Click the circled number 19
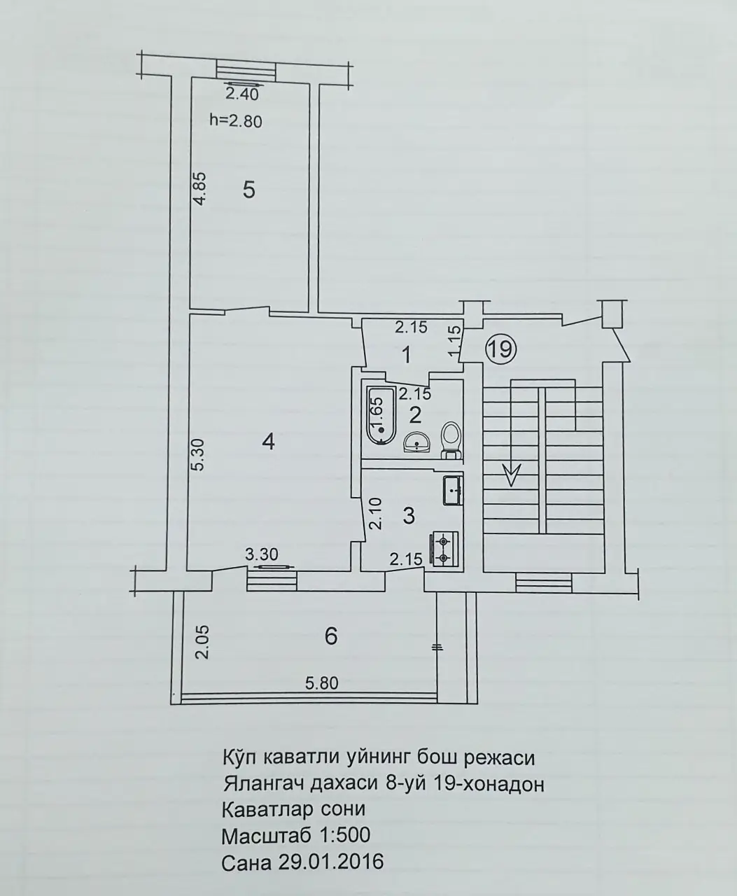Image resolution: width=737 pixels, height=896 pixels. point(500,349)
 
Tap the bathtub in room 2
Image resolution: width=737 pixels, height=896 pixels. point(380,416)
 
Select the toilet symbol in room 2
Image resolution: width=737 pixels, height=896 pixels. point(450,440)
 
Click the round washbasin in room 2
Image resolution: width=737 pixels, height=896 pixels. point(417,442)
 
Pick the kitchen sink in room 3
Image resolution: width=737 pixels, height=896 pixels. point(453,491)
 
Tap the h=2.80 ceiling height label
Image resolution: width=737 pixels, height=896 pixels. point(236,122)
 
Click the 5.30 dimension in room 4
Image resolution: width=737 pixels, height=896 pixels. point(199,454)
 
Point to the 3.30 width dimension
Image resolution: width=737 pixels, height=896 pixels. point(262,554)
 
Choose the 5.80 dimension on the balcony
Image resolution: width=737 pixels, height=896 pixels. point(322,683)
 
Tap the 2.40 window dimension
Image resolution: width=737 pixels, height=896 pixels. point(241,94)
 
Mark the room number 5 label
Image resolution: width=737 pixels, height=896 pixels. point(249,190)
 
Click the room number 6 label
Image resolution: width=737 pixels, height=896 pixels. point(331,636)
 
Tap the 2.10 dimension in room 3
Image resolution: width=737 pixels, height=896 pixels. point(376,513)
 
